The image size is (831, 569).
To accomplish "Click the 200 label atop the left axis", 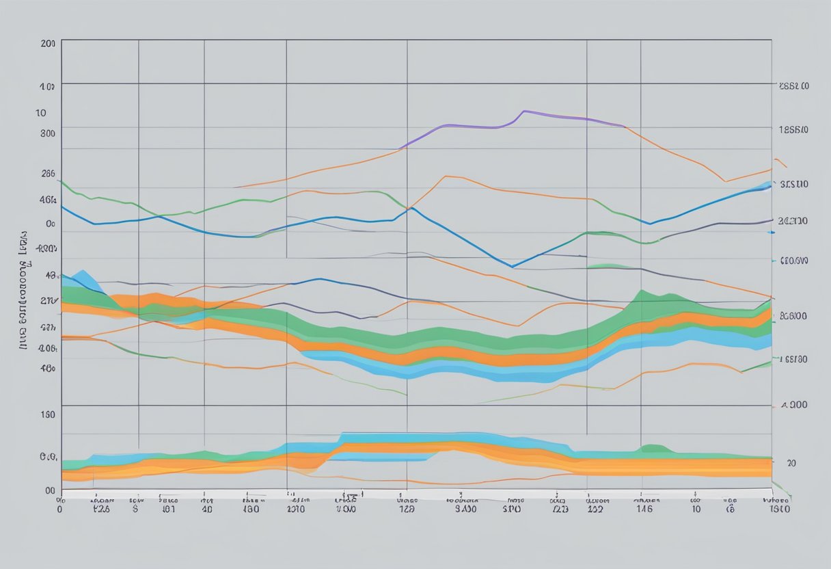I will [x=48, y=42].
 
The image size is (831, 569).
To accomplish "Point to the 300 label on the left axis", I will [x=48, y=133].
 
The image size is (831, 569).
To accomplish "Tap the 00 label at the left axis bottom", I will [x=49, y=490].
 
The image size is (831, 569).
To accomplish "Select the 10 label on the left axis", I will [x=41, y=113].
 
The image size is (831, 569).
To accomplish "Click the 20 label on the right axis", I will [x=791, y=463].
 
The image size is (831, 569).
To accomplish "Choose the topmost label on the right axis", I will [x=794, y=87].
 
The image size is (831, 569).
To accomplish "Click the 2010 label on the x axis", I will [x=296, y=509].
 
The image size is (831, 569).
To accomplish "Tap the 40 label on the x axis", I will [x=206, y=509].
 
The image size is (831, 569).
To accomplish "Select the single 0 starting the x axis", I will [x=59, y=509].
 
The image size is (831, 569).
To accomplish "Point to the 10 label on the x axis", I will [x=695, y=509].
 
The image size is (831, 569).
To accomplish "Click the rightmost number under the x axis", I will [x=780, y=509].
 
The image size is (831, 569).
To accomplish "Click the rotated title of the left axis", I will [x=25, y=291].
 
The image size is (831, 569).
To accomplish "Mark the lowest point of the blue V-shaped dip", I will [x=512, y=267].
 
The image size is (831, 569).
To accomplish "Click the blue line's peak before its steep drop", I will [x=411, y=209].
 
